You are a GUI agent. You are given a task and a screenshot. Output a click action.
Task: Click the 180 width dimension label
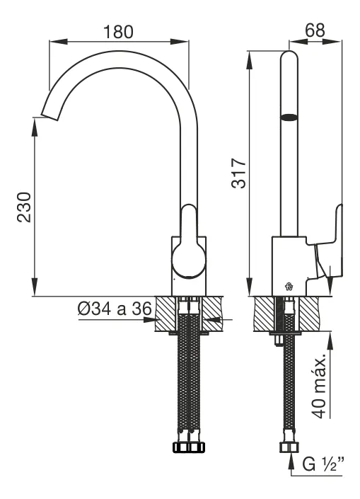pyautogui.click(x=118, y=32)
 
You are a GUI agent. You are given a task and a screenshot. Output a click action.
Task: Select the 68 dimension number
pyautogui.click(x=315, y=30)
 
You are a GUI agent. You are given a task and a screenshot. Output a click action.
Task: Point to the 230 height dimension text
pyautogui.click(x=25, y=207)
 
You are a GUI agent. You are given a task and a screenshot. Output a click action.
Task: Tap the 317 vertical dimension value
pyautogui.click(x=239, y=173)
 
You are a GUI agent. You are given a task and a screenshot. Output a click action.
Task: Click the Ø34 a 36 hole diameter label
pyautogui.click(x=115, y=309)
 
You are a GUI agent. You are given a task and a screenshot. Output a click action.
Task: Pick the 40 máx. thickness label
pyautogui.click(x=319, y=385)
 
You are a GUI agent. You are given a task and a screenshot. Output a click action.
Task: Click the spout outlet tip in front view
pyautogui.click(x=50, y=117)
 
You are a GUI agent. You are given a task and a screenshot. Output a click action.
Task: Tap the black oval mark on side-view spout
pyautogui.click(x=289, y=117)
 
